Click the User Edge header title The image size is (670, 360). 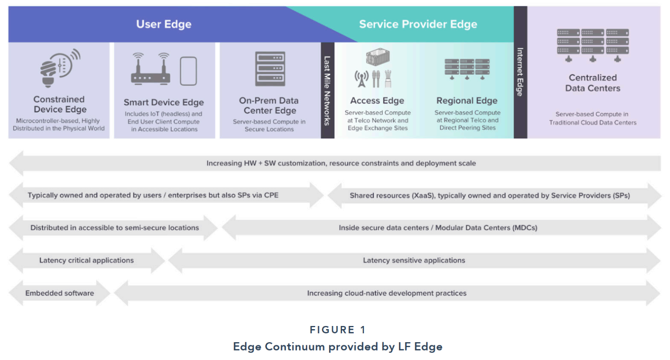[164, 24]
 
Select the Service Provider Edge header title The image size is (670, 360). [418, 24]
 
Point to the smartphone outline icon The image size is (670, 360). [188, 71]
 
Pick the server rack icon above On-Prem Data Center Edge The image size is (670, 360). [270, 69]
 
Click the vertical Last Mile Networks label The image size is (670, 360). [328, 91]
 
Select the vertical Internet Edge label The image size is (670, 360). [520, 72]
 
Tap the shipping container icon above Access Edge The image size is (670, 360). [378, 57]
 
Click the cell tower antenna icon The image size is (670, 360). [362, 79]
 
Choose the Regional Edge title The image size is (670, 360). [467, 100]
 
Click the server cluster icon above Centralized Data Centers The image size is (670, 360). [593, 46]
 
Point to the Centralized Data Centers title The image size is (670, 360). [593, 83]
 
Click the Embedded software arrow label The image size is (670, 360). [60, 293]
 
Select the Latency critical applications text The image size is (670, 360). [86, 260]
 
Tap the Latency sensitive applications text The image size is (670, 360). [414, 260]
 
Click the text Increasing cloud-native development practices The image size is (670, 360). [387, 293]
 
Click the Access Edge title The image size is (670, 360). [377, 100]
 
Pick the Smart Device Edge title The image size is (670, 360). [164, 102]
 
